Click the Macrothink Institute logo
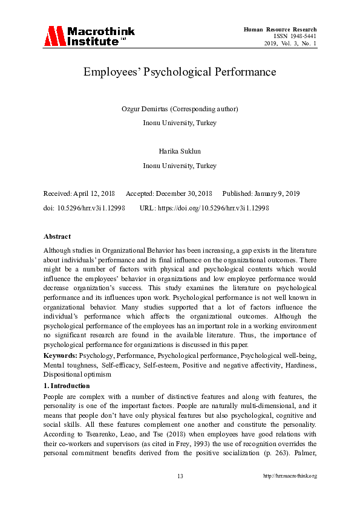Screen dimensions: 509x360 click(89, 36)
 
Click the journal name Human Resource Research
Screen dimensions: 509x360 click(280, 30)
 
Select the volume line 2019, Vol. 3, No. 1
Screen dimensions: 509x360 click(290, 44)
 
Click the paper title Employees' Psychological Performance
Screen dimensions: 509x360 click(180, 72)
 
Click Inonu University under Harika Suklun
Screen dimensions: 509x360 click(180, 166)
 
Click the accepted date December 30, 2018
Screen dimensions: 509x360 click(183, 193)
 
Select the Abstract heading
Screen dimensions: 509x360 click(57, 236)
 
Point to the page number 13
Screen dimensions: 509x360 click(180, 476)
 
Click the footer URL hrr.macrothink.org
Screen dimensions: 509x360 click(290, 476)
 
